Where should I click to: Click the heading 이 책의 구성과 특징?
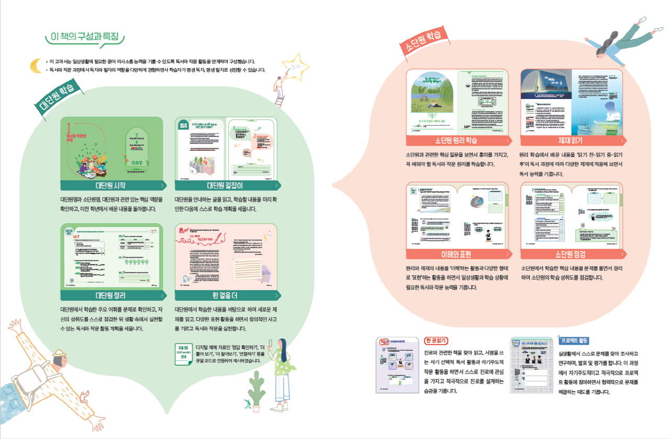click(85, 37)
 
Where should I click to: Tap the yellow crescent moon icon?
click(36, 65)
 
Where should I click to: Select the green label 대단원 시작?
click(113, 185)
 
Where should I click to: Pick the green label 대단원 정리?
click(113, 295)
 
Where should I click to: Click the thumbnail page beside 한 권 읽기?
click(398, 365)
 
